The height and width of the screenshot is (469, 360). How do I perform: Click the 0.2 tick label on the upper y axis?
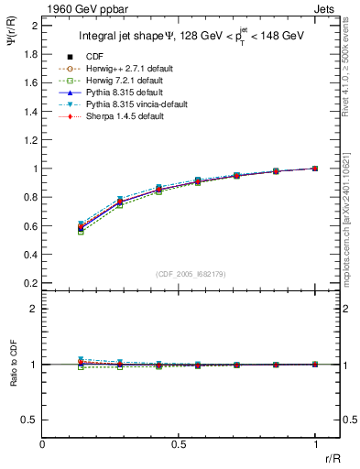[x=31, y=283]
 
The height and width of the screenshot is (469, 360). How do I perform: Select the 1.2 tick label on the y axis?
[x=31, y=140]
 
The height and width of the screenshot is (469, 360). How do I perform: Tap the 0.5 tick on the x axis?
[x=179, y=444]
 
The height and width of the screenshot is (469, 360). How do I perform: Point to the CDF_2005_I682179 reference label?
[x=191, y=272]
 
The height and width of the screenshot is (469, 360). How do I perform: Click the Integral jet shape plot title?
[x=191, y=34]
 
